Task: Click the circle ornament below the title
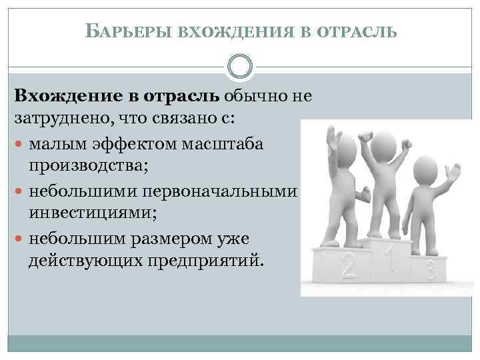point(240,67)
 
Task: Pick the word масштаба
point(223,143)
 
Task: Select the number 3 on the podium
point(431,269)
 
